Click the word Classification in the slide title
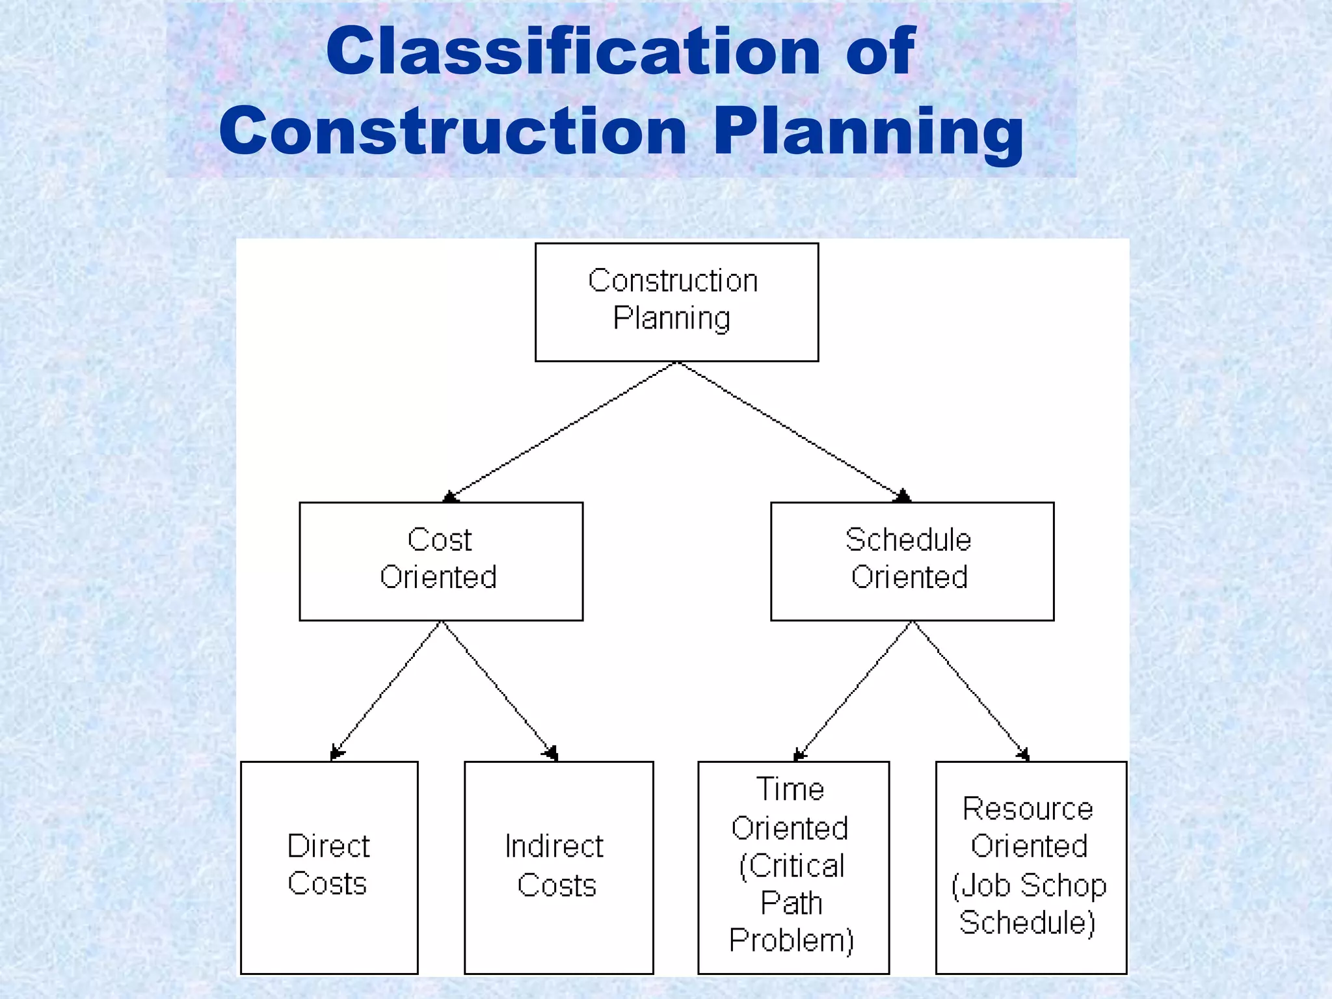[572, 52]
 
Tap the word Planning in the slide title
[868, 133]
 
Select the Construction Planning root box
[676, 302]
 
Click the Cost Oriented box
[441, 561]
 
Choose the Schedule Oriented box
[912, 561]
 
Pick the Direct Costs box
[329, 867]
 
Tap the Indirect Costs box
[559, 867]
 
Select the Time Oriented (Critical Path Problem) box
[793, 867]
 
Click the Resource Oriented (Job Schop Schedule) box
[1031, 867]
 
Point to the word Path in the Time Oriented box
[792, 903]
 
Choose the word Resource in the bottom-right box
[1028, 809]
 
